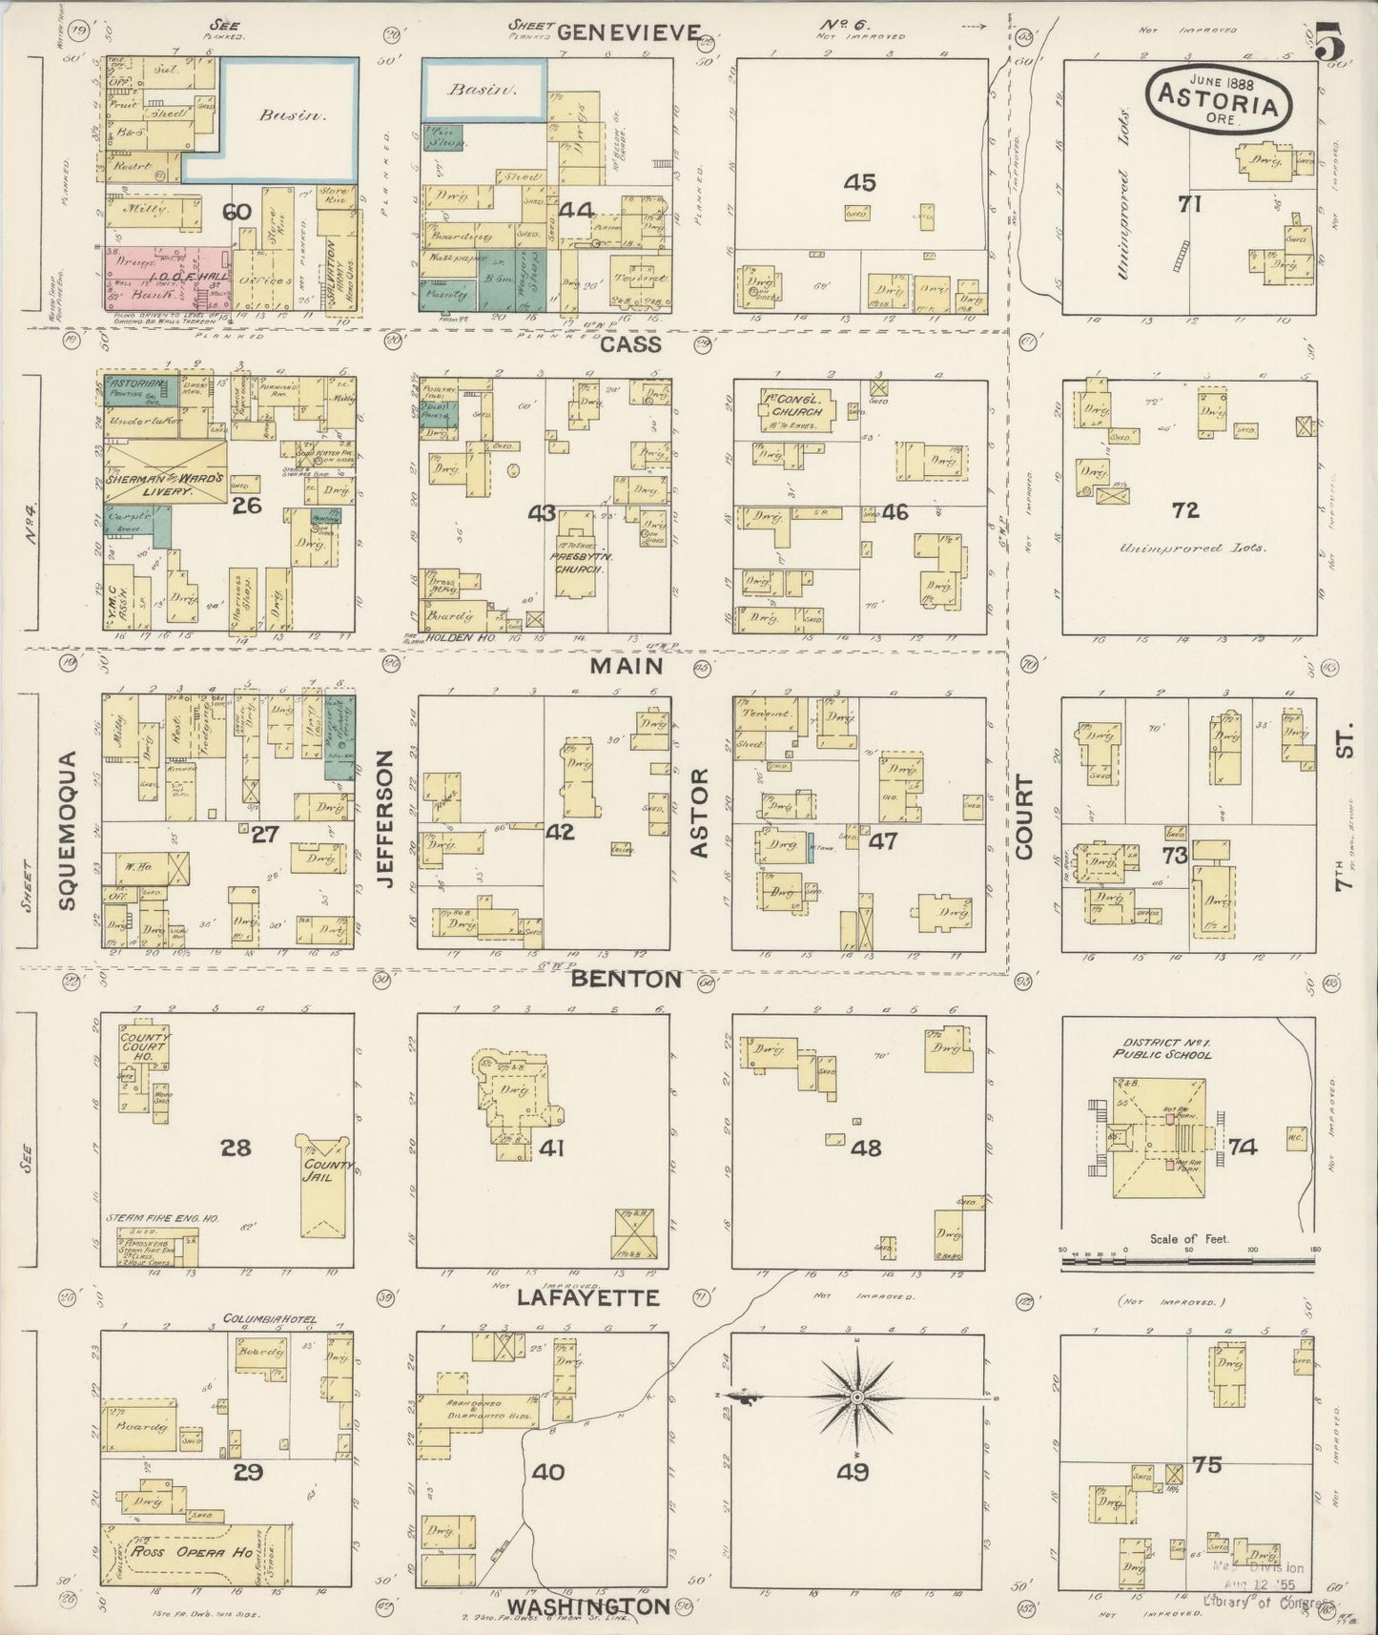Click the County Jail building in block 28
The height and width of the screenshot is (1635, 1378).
326,1188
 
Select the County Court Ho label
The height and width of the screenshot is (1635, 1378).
143,1045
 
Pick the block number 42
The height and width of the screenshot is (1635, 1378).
560,831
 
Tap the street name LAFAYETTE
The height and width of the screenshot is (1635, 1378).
587,1297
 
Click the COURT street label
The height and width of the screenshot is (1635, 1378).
1025,817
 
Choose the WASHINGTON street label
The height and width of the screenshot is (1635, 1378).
587,1606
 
